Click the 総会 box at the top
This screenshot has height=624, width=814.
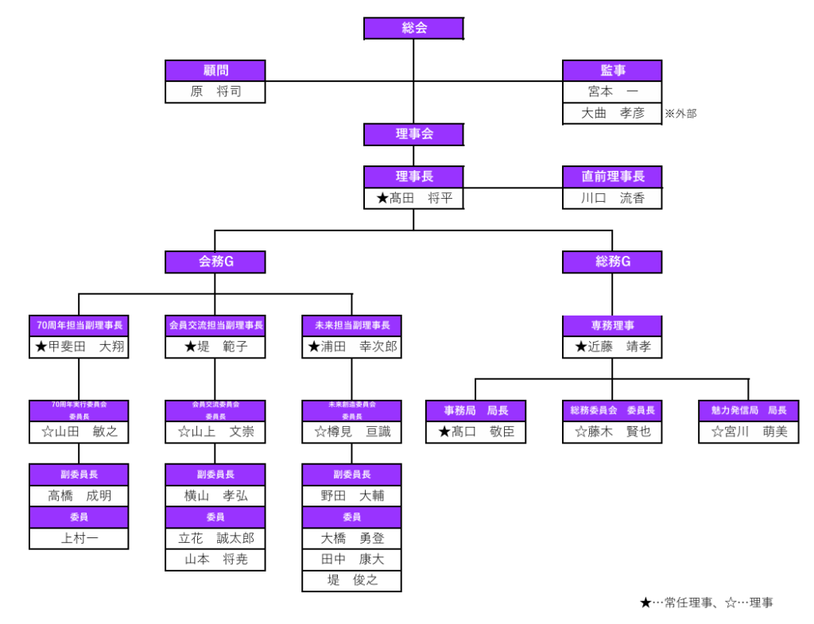tap(413, 29)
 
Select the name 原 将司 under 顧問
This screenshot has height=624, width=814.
tap(215, 92)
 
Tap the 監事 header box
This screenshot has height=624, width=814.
tap(612, 71)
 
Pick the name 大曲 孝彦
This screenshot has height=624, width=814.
tap(612, 114)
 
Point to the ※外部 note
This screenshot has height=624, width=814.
tap(680, 114)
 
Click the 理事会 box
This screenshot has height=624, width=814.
tap(413, 134)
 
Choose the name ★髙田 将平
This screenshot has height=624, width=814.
tap(413, 198)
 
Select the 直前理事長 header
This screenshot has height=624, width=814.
tap(612, 176)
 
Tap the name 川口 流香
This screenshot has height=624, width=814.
tap(612, 198)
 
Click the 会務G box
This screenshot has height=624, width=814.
tap(215, 262)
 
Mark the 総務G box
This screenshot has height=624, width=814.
tap(612, 262)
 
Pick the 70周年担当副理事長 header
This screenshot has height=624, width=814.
tap(79, 325)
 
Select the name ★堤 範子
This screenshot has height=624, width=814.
tap(215, 347)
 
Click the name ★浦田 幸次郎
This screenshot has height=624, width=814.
tap(351, 347)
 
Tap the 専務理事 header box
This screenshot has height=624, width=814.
tap(612, 325)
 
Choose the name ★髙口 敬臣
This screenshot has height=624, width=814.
tap(475, 432)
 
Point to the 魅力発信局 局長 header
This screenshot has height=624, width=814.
tap(748, 410)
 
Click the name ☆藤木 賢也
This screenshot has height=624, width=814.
tap(612, 432)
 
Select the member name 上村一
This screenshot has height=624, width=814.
tap(79, 538)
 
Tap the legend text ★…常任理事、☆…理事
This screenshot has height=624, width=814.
tap(706, 603)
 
